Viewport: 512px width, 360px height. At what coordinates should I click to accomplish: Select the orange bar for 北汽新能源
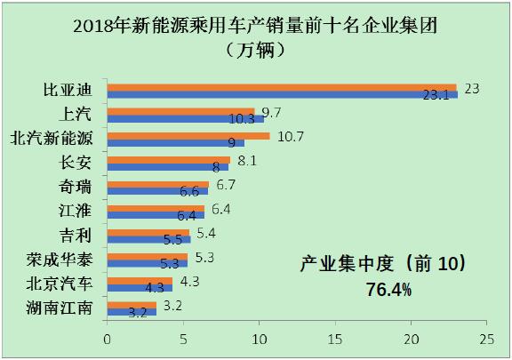[188, 136]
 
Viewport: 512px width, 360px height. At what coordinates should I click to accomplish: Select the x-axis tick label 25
[486, 340]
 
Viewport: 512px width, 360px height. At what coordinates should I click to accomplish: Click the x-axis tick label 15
[334, 340]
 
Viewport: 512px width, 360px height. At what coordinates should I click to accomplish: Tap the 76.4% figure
[388, 290]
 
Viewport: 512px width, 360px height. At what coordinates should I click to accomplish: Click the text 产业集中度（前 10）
[383, 266]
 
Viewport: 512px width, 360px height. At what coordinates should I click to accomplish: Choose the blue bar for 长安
[167, 166]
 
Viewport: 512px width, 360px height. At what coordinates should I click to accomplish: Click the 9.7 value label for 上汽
[271, 112]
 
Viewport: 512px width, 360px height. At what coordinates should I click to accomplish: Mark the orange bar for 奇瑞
[157, 185]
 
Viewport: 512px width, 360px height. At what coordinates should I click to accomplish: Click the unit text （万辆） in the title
[255, 50]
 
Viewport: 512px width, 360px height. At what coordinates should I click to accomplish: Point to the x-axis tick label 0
[107, 340]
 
